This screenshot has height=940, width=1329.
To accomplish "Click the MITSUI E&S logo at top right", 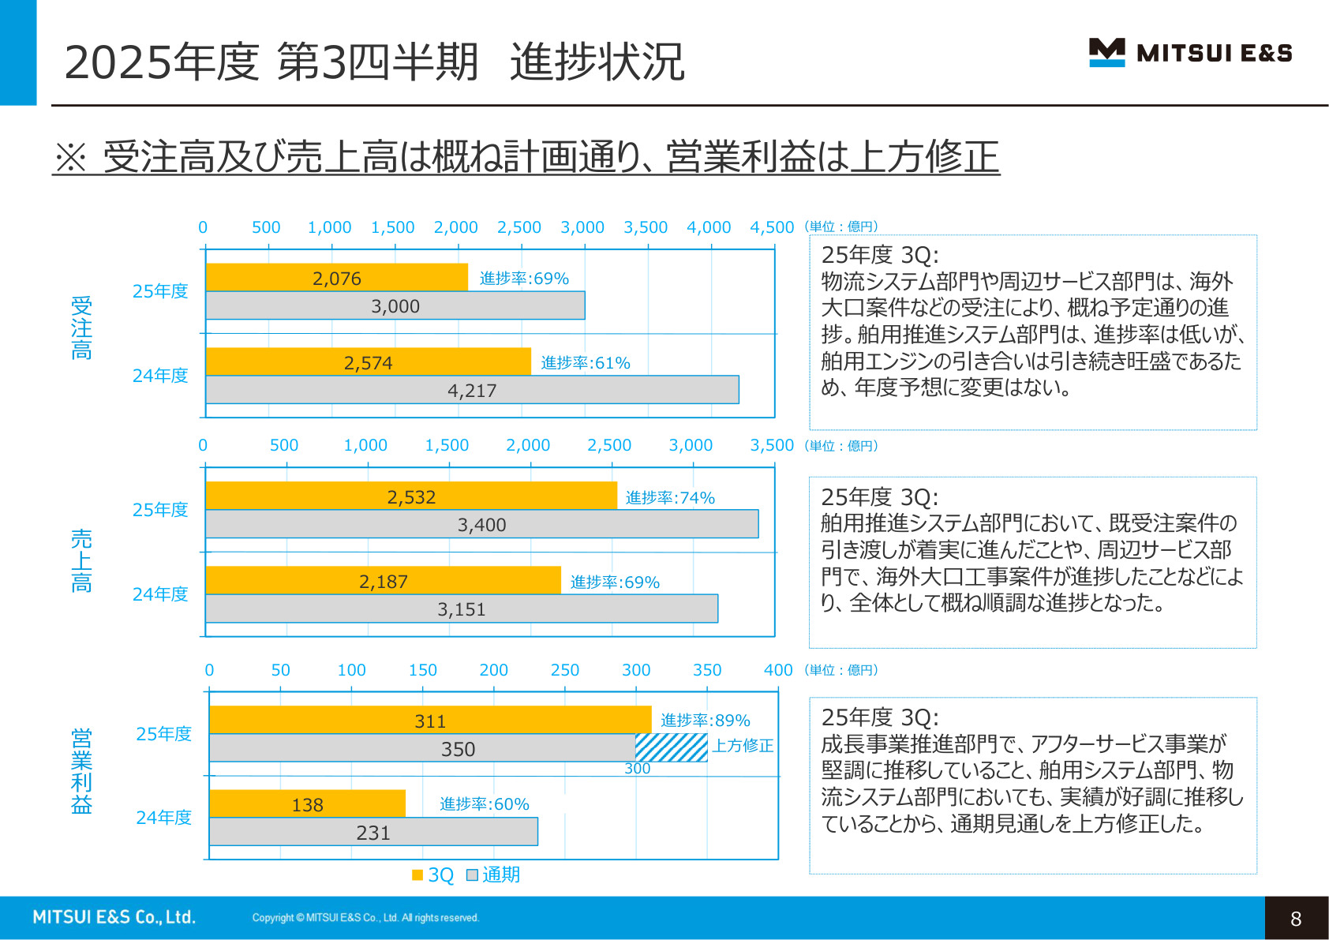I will point(1190,53).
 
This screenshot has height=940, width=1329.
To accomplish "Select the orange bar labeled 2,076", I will point(336,278).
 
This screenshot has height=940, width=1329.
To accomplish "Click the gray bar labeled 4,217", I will point(472,390).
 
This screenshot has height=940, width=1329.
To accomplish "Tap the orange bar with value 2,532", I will point(410,496).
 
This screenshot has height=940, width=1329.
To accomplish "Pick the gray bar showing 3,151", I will point(462,609).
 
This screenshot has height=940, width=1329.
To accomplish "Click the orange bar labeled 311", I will point(430,721).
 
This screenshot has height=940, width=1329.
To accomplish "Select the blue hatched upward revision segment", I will point(672,748).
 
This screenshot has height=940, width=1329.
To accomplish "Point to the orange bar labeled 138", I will point(307,804).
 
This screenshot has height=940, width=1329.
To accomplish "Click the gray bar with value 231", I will point(373,832).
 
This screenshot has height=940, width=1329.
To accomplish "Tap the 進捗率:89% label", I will point(705,720).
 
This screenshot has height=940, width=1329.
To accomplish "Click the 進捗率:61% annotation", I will point(586,362).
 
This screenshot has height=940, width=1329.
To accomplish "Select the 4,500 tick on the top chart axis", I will point(771,227).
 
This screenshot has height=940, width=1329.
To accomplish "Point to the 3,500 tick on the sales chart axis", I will point(771,445).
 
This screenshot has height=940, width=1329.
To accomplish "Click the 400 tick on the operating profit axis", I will point(777,670).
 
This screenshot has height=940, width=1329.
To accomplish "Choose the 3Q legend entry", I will point(433,874).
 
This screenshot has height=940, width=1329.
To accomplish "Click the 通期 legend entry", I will point(493,874).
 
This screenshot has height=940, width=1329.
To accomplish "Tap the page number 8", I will point(1296,918).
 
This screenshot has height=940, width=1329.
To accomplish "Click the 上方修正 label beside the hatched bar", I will point(743,746).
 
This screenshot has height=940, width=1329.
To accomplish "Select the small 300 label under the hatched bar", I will point(638,768).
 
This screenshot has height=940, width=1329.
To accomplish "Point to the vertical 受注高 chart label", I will point(81,328).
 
